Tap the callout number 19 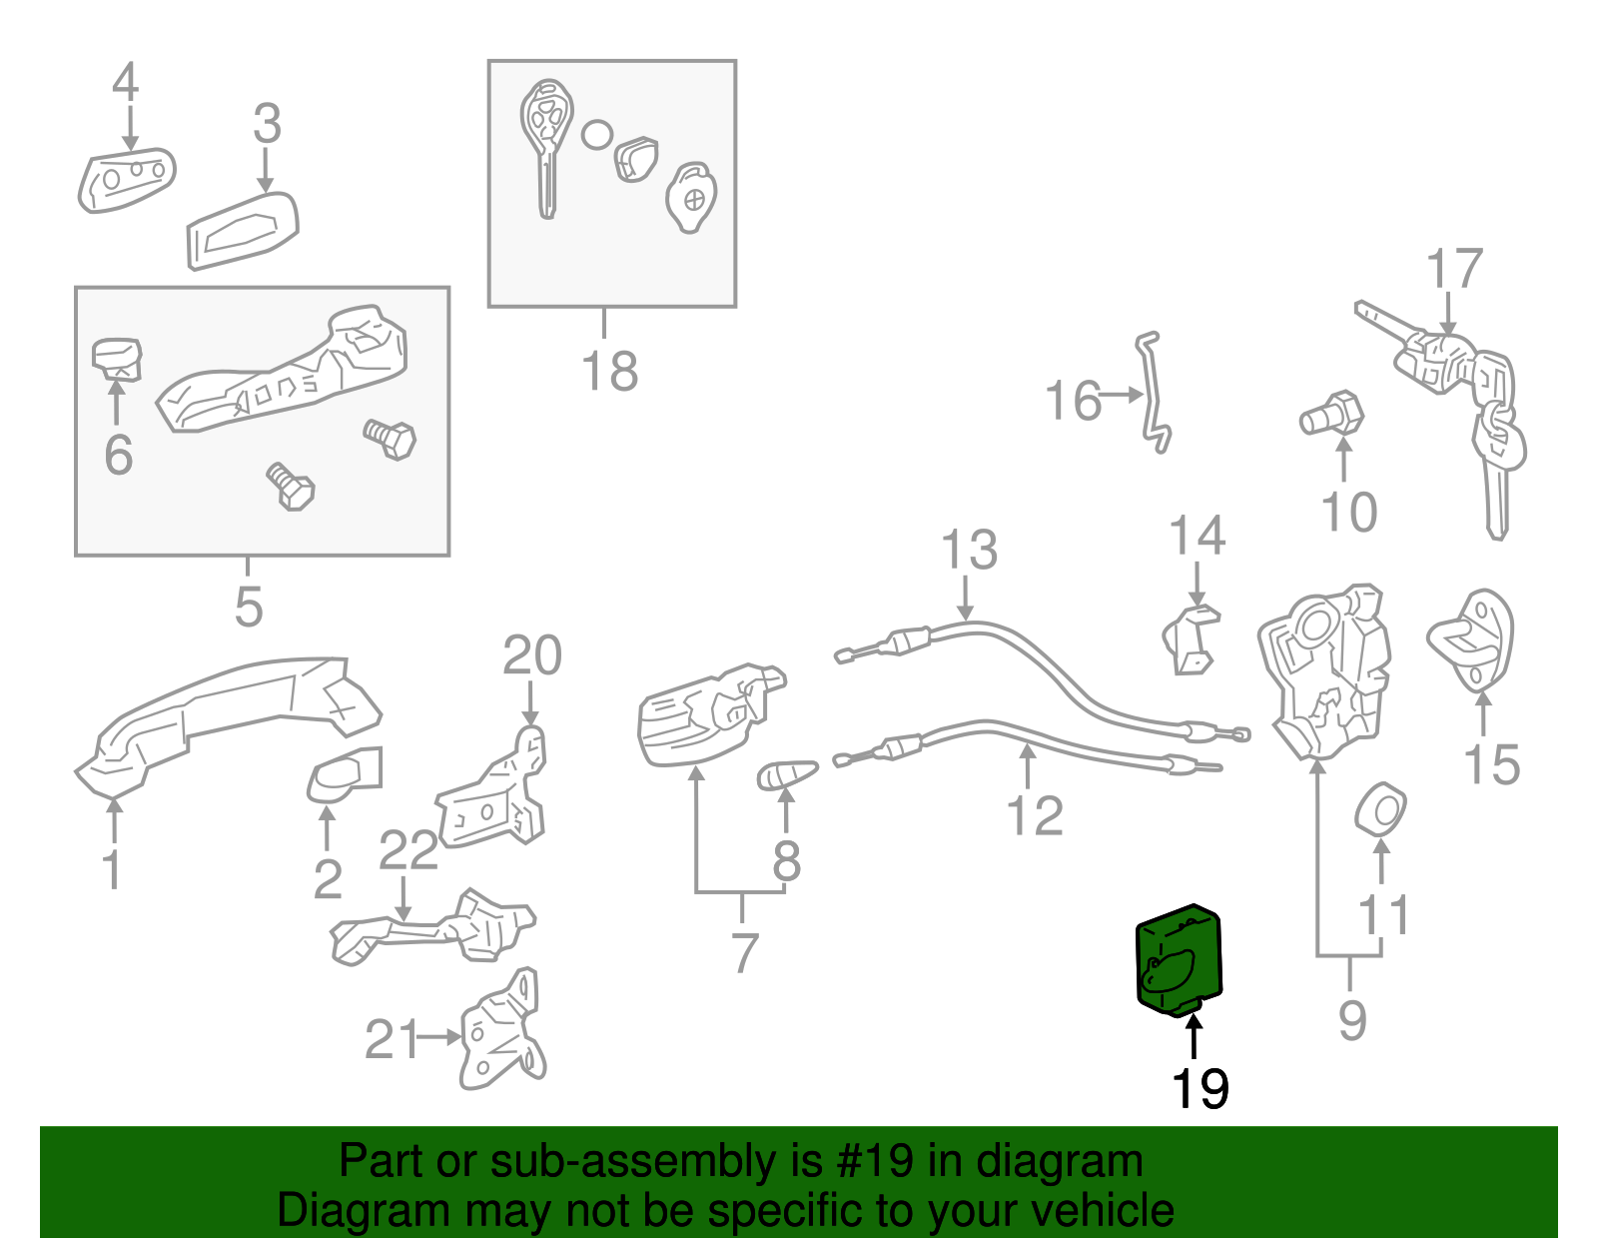[x=1199, y=1089]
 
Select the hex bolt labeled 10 [x=1332, y=414]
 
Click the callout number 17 [x=1454, y=270]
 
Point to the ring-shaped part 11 [x=1381, y=808]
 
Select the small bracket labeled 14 [x=1191, y=639]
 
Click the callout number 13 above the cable [x=969, y=552]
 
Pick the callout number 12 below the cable [x=1035, y=815]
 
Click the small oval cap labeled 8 [x=787, y=773]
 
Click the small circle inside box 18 [x=596, y=135]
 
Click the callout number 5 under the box [x=249, y=607]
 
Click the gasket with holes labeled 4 [x=126, y=180]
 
